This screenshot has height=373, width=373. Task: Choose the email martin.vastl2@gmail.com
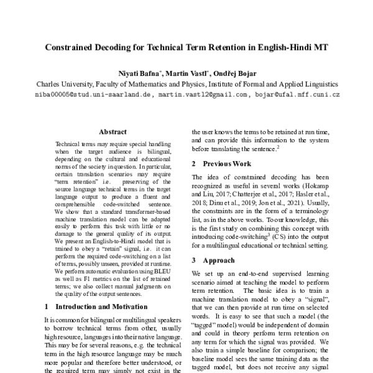[203, 94]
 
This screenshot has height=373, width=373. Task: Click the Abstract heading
[113, 132]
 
